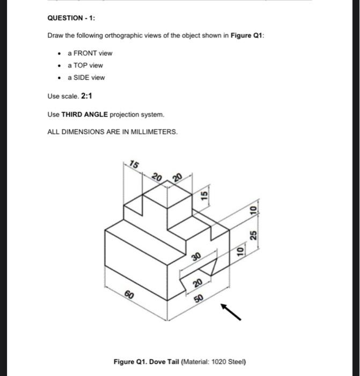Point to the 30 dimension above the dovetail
click(x=196, y=257)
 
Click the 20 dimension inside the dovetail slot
click(x=197, y=283)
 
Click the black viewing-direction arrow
click(x=232, y=312)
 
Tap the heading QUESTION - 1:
click(x=71, y=18)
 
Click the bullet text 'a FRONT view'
click(x=90, y=53)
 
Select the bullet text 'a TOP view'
click(x=85, y=66)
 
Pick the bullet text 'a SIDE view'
click(x=86, y=77)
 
